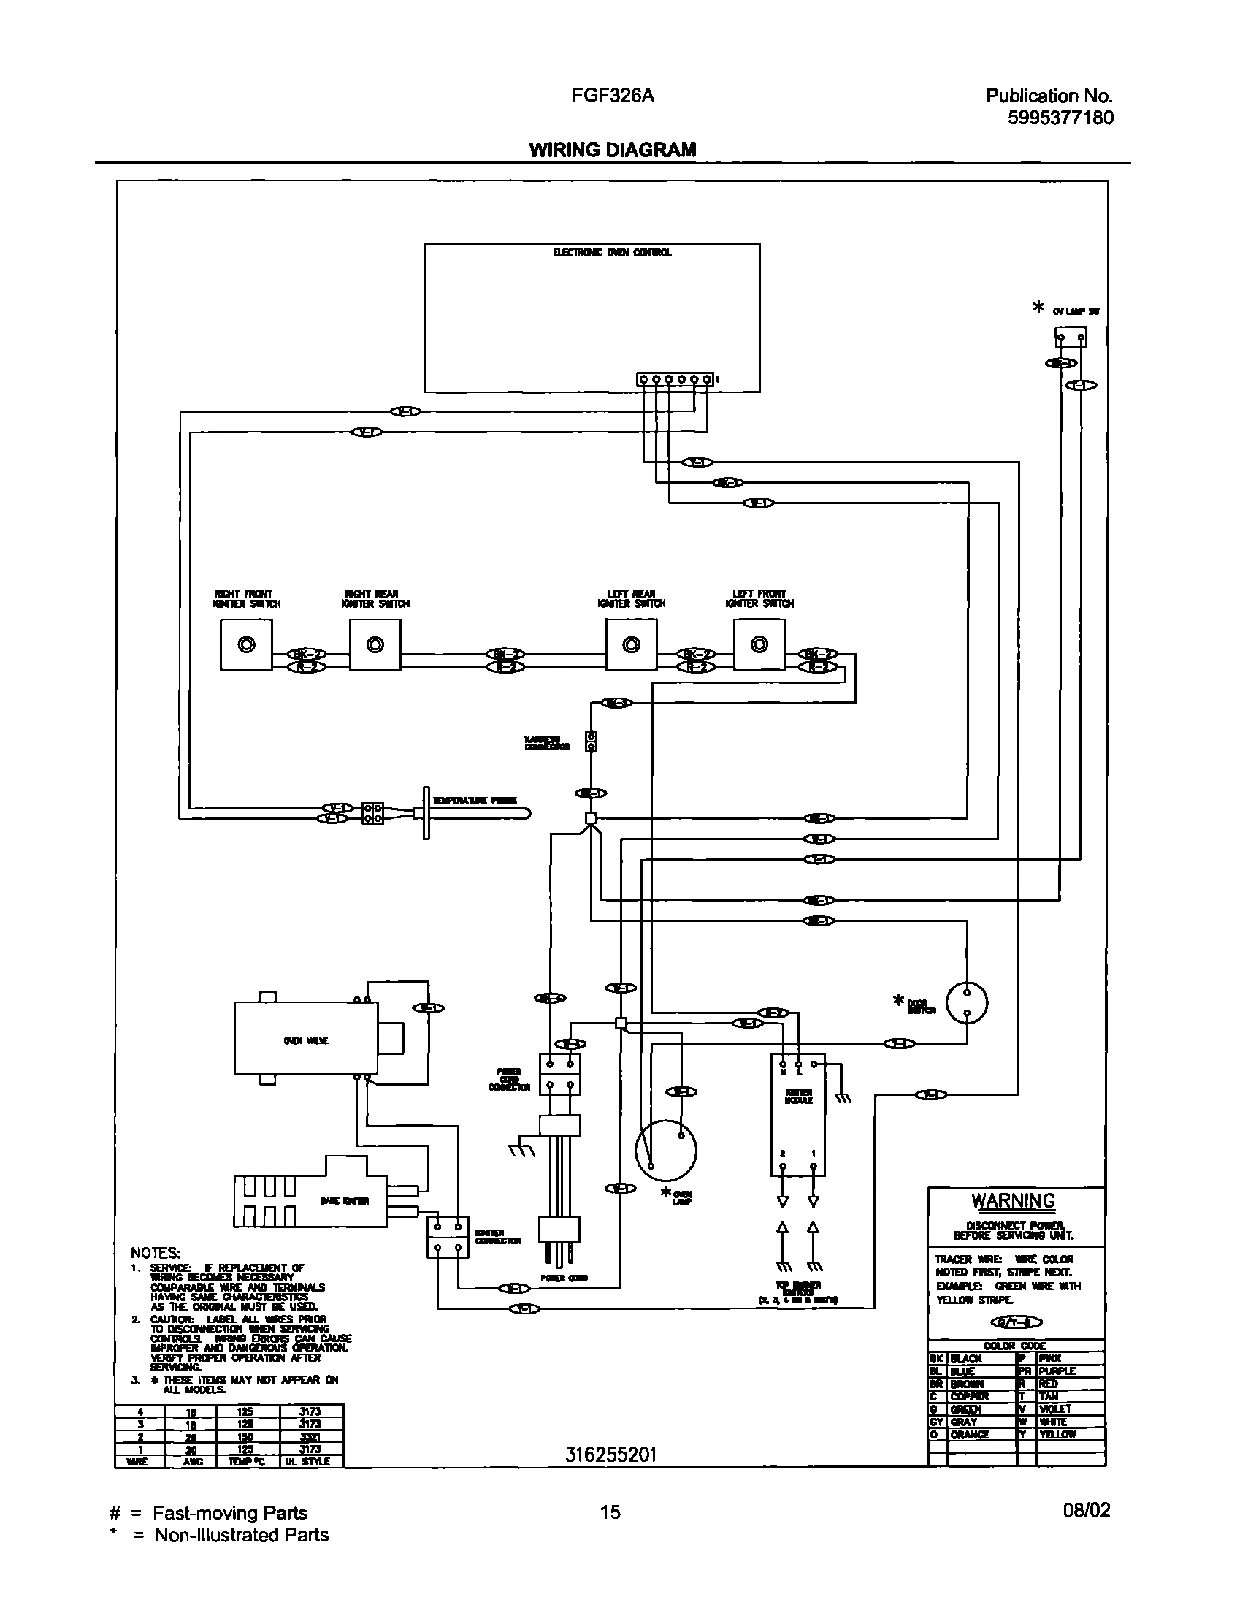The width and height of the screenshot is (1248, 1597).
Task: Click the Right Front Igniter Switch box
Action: pos(246,644)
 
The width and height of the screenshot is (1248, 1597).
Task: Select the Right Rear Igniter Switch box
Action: pos(375,644)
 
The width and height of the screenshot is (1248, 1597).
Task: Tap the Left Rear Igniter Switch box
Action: pos(631,644)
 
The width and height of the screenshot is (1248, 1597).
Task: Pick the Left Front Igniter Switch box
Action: pos(759,644)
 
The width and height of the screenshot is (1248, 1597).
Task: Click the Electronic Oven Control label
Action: pos(612,253)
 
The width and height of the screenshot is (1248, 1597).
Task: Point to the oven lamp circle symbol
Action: pos(665,1150)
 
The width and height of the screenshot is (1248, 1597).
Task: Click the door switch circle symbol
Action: pos(967,1002)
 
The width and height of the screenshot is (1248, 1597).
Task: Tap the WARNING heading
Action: pos(1013,1202)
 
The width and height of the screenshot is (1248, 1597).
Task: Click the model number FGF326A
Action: pos(613,96)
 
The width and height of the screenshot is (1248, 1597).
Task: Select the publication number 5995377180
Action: pos(1060,118)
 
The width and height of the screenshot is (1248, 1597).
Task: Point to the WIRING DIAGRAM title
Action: pos(613,150)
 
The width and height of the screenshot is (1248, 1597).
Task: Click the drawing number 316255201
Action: pos(610,1455)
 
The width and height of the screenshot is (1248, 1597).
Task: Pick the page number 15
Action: pos(610,1512)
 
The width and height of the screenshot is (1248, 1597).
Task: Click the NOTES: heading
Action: pos(155,1254)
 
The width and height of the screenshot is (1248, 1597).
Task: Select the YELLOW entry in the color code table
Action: pos(1057,1435)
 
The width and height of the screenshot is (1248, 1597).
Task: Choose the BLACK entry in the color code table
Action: pos(966,1359)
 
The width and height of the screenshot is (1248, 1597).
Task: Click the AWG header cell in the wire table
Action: pos(194,1461)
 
